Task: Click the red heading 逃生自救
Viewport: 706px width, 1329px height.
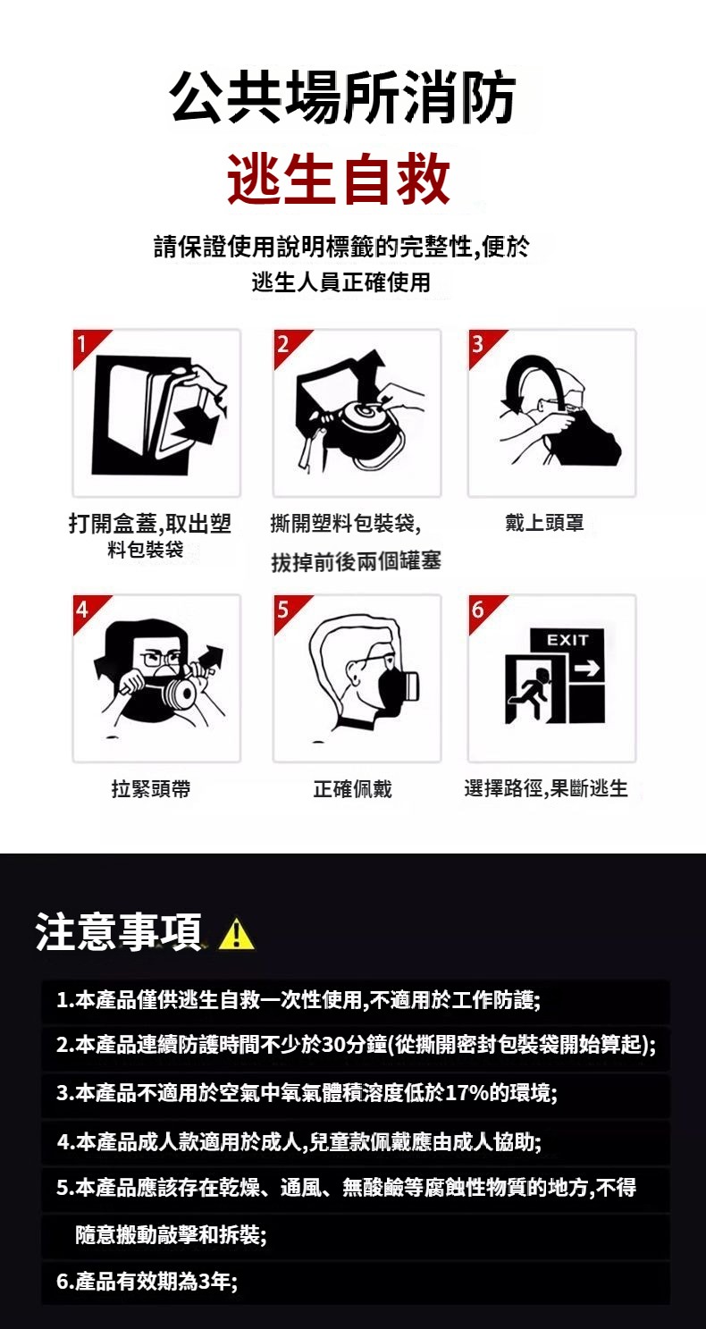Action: coord(339,179)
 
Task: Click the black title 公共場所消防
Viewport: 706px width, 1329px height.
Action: coord(343,97)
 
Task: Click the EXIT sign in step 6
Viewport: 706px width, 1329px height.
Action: coord(567,640)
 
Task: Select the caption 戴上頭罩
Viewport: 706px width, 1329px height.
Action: coord(544,523)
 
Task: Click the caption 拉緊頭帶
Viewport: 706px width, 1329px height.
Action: coord(151,788)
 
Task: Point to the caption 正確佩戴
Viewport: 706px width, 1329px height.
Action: coord(352,788)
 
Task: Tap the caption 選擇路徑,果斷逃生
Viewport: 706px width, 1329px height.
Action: coord(546,788)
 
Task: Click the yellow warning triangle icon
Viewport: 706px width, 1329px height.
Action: coord(236,933)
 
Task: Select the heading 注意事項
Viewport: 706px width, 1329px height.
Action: coord(119,932)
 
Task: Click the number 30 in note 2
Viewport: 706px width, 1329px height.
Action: coord(334,1044)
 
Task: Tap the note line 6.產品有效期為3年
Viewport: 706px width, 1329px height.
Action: coord(147,1282)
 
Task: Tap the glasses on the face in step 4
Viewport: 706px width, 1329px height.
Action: coord(160,658)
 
